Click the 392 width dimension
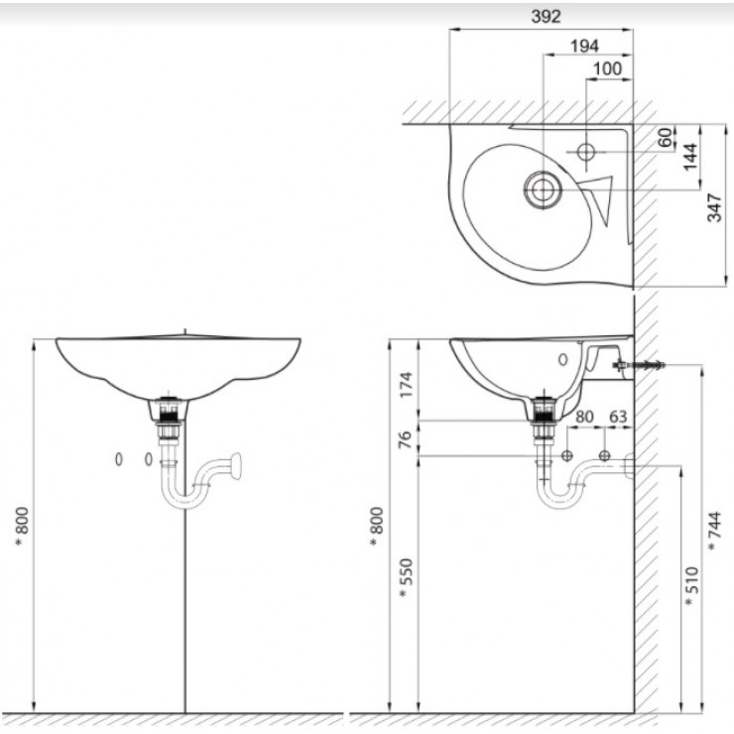(x=546, y=17)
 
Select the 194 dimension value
(x=585, y=45)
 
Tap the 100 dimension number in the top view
(x=607, y=68)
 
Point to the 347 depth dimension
(x=715, y=206)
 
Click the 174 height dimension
(x=405, y=381)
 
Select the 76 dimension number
(x=405, y=437)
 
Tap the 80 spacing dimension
(x=585, y=417)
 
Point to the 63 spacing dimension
(x=618, y=417)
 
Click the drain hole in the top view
(x=543, y=188)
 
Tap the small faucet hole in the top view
(x=585, y=153)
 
